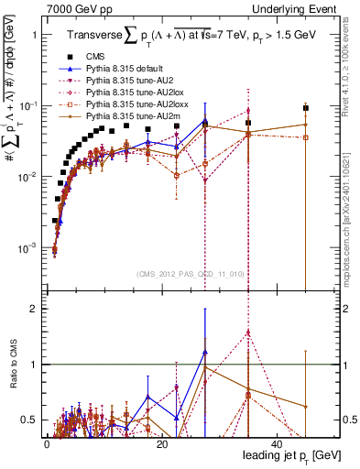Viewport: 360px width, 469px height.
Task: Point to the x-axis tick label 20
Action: click(x=160, y=442)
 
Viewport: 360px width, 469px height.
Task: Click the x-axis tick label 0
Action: click(x=47, y=442)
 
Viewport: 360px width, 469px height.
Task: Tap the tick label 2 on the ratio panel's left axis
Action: click(x=33, y=309)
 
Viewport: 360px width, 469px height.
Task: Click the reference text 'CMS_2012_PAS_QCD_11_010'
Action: click(x=177, y=274)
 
